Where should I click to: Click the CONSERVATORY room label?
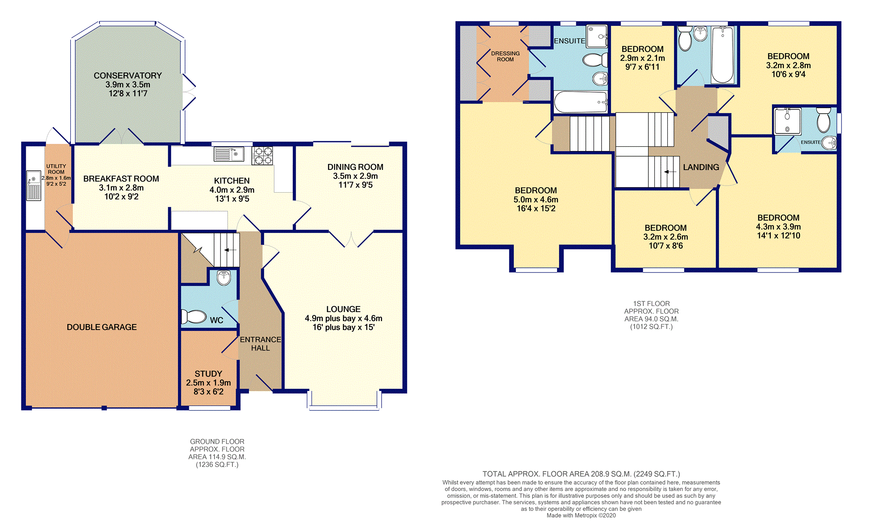(128, 76)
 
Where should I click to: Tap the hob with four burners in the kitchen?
(263, 156)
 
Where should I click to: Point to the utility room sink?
(33, 185)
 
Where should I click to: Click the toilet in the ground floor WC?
(194, 317)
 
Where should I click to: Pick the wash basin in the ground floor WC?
(224, 277)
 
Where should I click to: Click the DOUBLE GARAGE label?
(102, 327)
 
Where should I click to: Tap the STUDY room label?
(209, 374)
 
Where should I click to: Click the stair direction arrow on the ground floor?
(230, 250)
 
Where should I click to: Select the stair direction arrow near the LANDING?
(670, 172)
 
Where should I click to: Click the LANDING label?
(701, 167)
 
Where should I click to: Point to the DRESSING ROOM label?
(506, 56)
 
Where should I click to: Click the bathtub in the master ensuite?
(581, 102)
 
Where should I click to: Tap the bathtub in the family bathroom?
(723, 55)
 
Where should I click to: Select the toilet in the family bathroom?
(685, 39)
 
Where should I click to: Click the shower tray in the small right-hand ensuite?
(787, 121)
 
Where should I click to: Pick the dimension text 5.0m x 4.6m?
(536, 200)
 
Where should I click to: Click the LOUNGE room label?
(343, 309)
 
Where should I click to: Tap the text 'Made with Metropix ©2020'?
(581, 515)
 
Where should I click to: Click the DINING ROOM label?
(355, 167)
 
